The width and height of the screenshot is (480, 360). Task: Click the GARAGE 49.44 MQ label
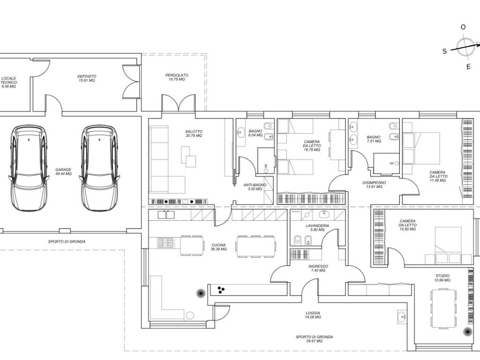pyautogui.click(x=63, y=172)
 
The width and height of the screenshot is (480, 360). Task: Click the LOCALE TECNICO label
pyautogui.click(x=8, y=82)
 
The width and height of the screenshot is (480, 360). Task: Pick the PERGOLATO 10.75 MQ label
pyautogui.click(x=177, y=77)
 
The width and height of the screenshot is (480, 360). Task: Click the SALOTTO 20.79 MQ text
pyautogui.click(x=194, y=134)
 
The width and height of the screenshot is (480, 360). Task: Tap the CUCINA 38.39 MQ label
pyautogui.click(x=218, y=247)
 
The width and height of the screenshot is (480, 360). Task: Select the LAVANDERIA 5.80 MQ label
pyautogui.click(x=317, y=227)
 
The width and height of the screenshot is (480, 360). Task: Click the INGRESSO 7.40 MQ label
pyautogui.click(x=318, y=268)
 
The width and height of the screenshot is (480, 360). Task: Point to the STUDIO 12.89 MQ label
pyautogui.click(x=442, y=277)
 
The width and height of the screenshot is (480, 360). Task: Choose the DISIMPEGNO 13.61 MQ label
pyautogui.click(x=374, y=184)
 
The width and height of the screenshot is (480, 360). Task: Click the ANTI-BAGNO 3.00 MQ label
pyautogui.click(x=255, y=187)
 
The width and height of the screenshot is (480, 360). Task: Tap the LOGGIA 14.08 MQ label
pyautogui.click(x=313, y=315)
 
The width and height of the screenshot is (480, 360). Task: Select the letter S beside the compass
pyautogui.click(x=445, y=51)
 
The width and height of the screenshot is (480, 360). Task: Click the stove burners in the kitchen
pyautogui.click(x=165, y=243)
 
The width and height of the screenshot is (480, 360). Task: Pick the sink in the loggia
pyautogui.click(x=402, y=317)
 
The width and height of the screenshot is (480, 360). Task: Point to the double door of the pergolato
pyautogui.click(x=179, y=103)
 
